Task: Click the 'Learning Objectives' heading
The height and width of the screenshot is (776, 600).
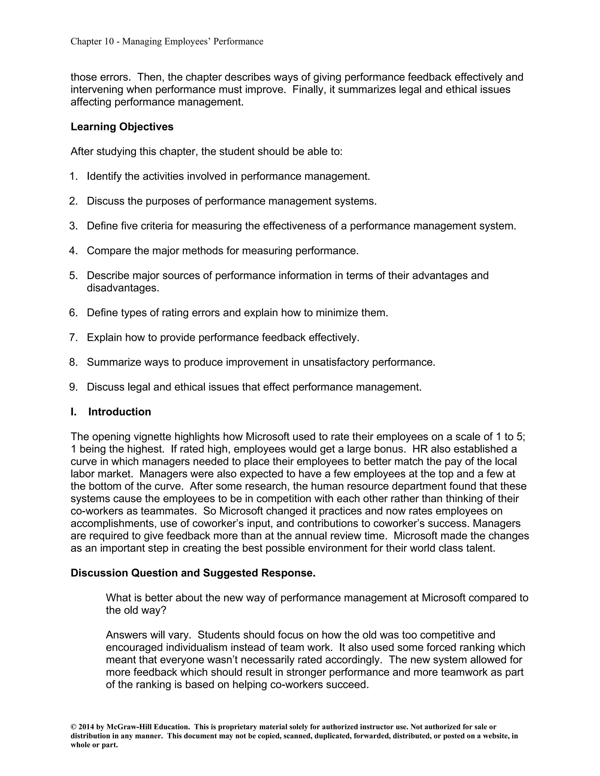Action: click(122, 127)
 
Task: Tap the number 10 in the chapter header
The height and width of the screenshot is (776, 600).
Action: click(108, 42)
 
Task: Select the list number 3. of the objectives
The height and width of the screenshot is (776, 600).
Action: click(74, 226)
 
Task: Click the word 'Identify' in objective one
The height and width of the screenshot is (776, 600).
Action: click(104, 177)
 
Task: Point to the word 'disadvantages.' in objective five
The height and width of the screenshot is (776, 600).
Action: click(123, 288)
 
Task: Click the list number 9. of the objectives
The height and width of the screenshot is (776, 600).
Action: click(74, 387)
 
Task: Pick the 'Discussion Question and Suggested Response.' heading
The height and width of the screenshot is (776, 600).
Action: click(193, 573)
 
